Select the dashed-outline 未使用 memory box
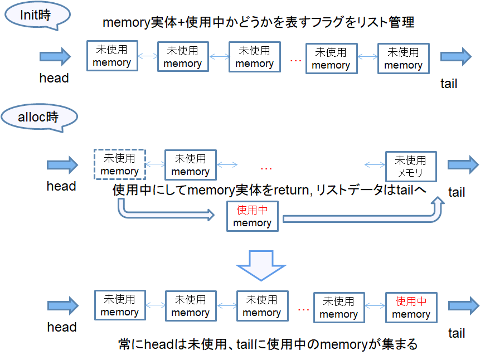[119, 164]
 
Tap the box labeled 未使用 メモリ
[410, 166]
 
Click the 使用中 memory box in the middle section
[252, 216]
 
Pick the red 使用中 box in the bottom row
[411, 308]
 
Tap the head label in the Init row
[54, 79]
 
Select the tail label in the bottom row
[456, 333]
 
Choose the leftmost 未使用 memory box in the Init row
[111, 56]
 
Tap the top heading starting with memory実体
[259, 23]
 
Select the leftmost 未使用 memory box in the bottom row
[119, 305]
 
